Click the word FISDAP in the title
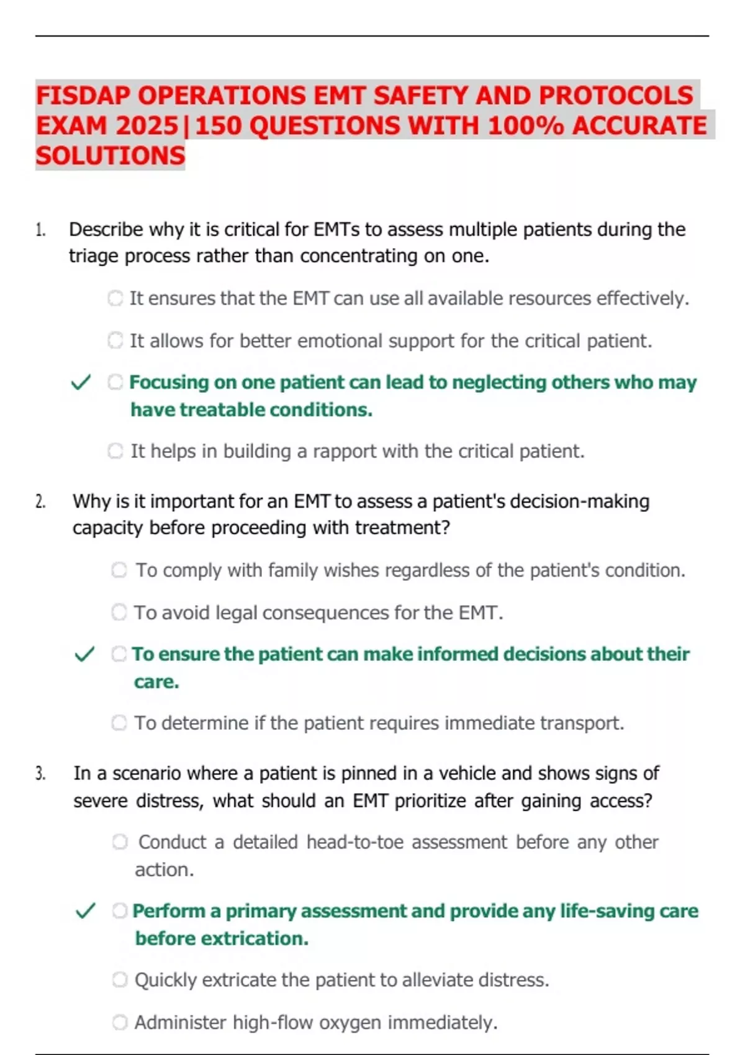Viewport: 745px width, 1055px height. pyautogui.click(x=83, y=96)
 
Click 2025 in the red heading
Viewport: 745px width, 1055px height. pyautogui.click(x=147, y=126)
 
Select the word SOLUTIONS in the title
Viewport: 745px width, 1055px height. pyautogui.click(x=111, y=156)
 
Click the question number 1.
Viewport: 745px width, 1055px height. pyautogui.click(x=40, y=230)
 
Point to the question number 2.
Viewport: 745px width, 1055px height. pyautogui.click(x=40, y=501)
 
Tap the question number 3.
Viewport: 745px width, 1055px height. pyautogui.click(x=40, y=774)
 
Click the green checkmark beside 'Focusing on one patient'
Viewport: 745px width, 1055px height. pyautogui.click(x=81, y=382)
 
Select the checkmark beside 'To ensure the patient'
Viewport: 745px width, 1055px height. pyautogui.click(x=84, y=654)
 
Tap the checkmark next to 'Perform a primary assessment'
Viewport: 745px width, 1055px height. pyautogui.click(x=85, y=911)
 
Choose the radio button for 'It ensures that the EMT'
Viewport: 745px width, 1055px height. pyautogui.click(x=115, y=299)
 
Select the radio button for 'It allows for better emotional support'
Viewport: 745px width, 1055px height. pyautogui.click(x=115, y=341)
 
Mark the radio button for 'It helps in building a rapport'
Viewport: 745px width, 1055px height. pyautogui.click(x=115, y=451)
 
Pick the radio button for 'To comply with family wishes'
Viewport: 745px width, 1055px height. pyautogui.click(x=119, y=570)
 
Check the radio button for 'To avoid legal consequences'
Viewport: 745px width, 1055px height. pyautogui.click(x=119, y=613)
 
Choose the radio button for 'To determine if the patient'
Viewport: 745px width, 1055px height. pyautogui.click(x=119, y=723)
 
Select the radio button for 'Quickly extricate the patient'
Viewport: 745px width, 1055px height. pyautogui.click(x=120, y=980)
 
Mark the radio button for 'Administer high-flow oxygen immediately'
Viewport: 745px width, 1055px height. pyautogui.click(x=120, y=1022)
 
